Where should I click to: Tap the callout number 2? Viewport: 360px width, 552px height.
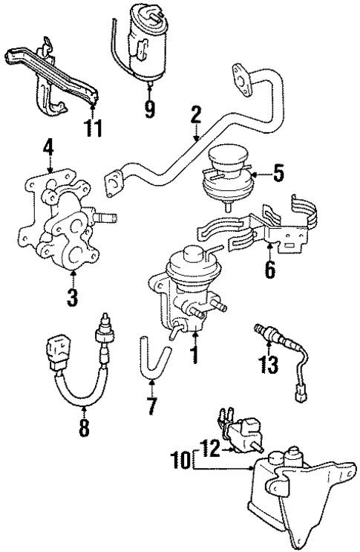point(196,114)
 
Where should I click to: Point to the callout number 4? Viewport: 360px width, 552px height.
point(48,147)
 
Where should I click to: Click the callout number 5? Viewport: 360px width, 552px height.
point(278,175)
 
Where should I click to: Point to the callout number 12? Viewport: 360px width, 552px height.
point(211,449)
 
